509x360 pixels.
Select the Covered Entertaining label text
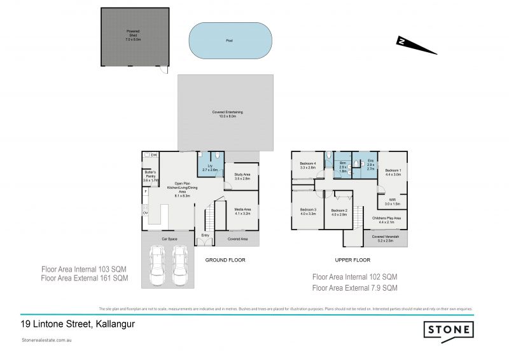(x=227, y=114)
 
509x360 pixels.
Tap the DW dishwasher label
(x=154, y=155)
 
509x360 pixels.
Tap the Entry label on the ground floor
(x=205, y=236)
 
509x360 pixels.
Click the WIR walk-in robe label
(x=392, y=202)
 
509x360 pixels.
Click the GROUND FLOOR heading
(x=225, y=260)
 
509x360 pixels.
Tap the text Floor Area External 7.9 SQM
(x=355, y=287)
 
